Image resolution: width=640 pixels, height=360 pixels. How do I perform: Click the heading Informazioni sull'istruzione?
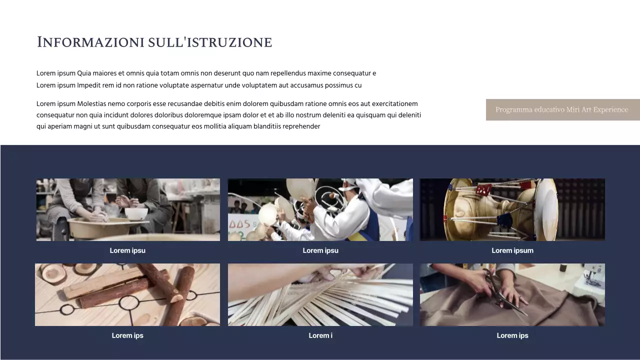click(154, 42)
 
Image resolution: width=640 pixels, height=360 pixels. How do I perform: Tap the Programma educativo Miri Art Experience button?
click(562, 109)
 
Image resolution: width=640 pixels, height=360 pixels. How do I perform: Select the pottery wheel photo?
click(128, 209)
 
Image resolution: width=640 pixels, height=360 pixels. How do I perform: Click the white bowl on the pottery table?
click(136, 213)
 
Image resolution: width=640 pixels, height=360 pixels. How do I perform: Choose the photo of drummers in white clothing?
click(320, 209)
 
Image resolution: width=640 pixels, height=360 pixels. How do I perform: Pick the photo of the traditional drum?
click(512, 209)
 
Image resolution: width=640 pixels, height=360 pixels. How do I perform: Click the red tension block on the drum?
click(483, 190)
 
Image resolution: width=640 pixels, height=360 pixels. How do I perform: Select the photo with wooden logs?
click(127, 294)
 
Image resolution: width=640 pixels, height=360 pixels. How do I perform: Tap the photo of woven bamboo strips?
click(320, 294)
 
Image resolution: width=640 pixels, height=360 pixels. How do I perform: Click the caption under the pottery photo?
click(127, 250)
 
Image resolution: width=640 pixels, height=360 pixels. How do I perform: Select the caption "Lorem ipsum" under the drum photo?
click(512, 250)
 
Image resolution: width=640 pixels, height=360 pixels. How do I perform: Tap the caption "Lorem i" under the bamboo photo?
click(320, 335)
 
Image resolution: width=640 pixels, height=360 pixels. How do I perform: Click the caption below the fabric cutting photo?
click(512, 335)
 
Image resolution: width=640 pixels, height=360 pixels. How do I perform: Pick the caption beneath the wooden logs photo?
click(127, 335)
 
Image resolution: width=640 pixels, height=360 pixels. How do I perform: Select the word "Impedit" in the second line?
click(88, 85)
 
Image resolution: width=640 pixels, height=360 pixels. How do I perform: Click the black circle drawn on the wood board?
click(128, 302)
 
